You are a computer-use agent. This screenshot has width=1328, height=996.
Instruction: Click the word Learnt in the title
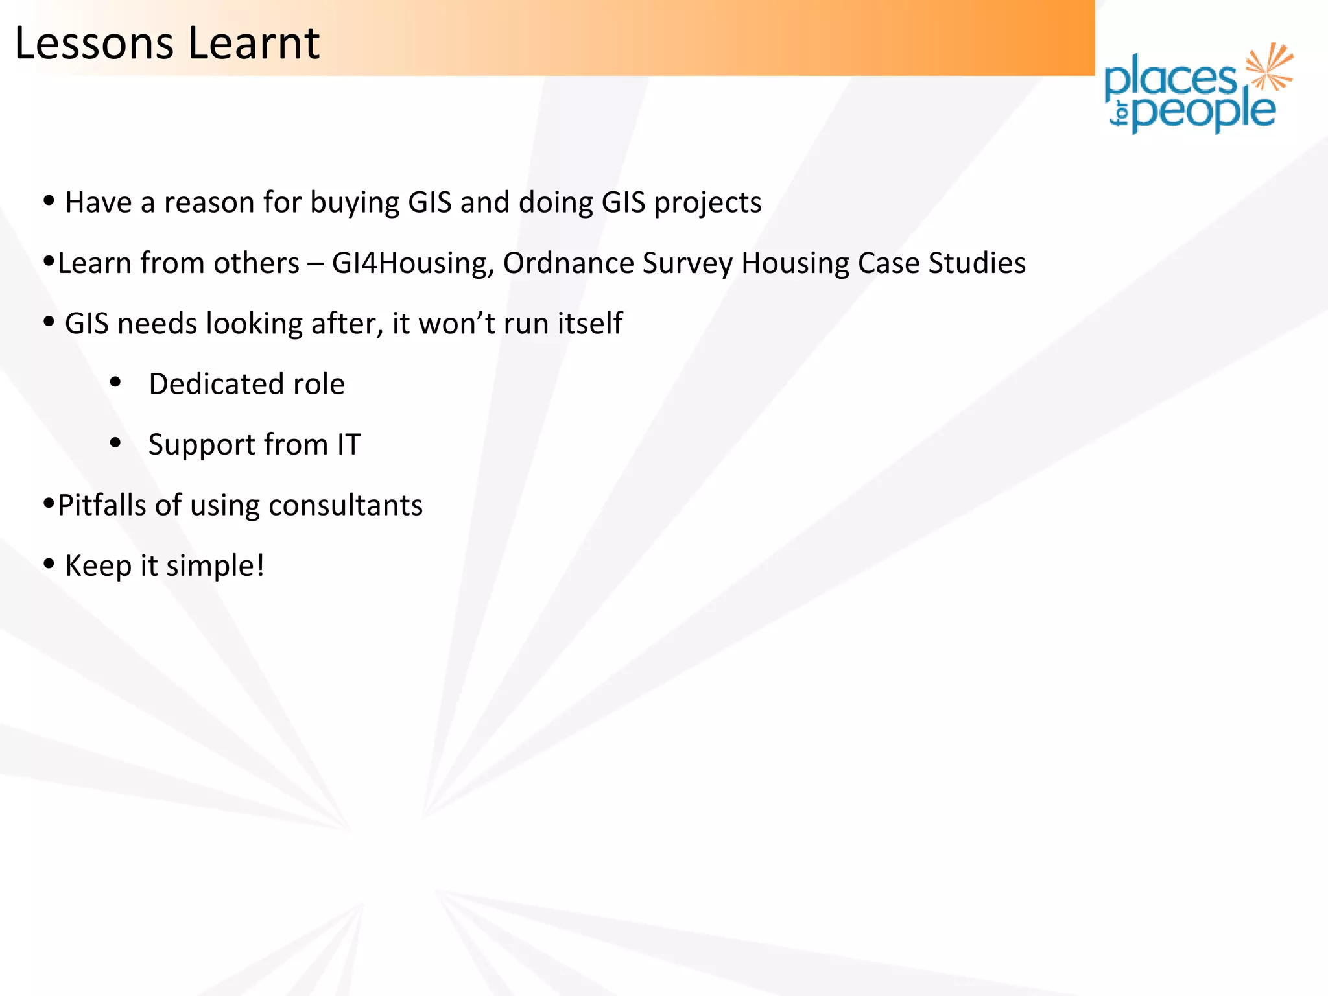tap(254, 44)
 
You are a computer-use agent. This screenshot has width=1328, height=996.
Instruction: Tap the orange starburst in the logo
tap(1269, 66)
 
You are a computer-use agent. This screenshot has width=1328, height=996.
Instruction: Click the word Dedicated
tap(216, 385)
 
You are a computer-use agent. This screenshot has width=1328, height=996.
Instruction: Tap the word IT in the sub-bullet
tap(349, 445)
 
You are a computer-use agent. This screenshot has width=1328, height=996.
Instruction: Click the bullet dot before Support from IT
tap(115, 444)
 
